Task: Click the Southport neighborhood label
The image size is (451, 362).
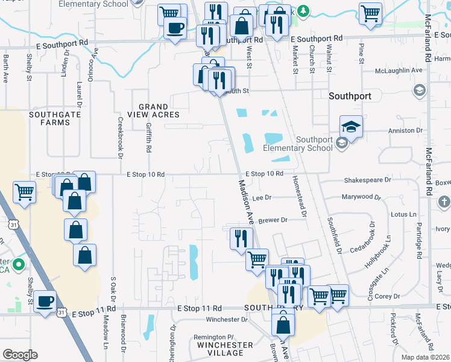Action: click(350, 96)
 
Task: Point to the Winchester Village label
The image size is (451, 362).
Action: click(225, 349)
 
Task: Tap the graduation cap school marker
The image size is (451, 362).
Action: click(351, 127)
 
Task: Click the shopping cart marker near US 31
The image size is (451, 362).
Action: click(24, 192)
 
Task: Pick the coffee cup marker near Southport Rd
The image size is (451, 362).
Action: click(175, 28)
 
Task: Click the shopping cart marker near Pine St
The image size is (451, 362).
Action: click(370, 13)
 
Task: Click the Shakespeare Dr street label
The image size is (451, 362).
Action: click(368, 180)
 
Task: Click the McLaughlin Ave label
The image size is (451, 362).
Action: click(399, 70)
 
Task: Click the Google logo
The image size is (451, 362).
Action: click(20, 355)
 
